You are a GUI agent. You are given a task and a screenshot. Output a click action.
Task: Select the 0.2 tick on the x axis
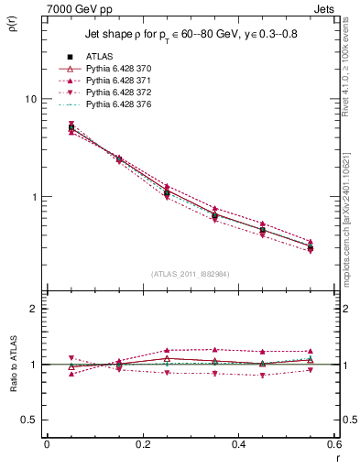[x=142, y=444]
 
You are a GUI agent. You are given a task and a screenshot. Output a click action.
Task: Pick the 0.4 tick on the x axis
[x=237, y=444]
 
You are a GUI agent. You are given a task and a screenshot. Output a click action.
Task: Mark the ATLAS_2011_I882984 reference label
[x=190, y=274]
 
